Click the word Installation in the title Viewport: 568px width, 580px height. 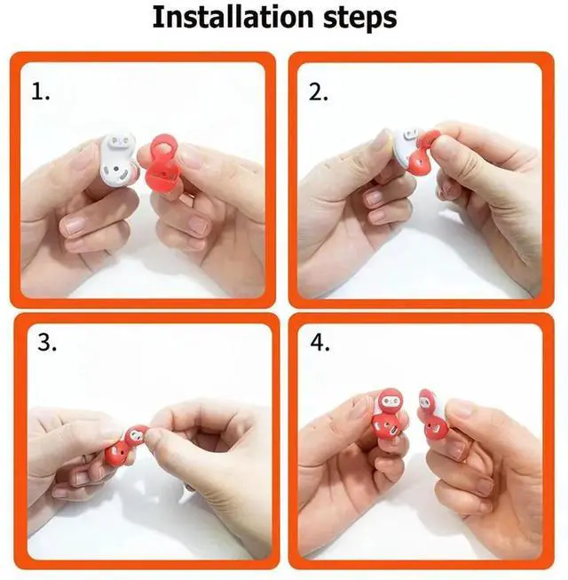pyautogui.click(x=233, y=17)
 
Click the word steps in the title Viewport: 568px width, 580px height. pyautogui.click(x=360, y=19)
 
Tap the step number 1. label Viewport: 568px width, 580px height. pyautogui.click(x=40, y=91)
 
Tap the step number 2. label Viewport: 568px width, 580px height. pyautogui.click(x=319, y=92)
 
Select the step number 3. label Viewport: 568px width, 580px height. pyautogui.click(x=47, y=343)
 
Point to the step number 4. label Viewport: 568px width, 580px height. pyautogui.click(x=320, y=343)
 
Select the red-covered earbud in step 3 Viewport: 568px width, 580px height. pyautogui.click(x=126, y=445)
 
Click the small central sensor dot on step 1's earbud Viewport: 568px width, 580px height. pyautogui.click(x=117, y=169)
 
